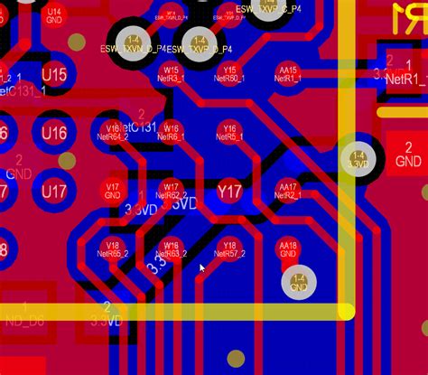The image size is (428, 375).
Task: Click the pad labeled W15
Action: [x=171, y=73]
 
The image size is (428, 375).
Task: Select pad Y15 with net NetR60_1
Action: [x=229, y=73]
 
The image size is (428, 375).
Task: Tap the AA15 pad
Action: [x=288, y=73]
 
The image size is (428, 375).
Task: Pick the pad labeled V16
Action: [x=112, y=132]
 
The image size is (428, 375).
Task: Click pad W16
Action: [x=171, y=132]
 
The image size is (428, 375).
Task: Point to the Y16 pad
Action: [x=229, y=132]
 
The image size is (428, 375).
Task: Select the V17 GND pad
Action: [x=112, y=190]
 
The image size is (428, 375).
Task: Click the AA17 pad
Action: [x=288, y=190]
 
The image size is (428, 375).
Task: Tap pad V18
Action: [x=112, y=249]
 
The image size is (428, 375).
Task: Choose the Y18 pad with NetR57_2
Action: [x=229, y=249]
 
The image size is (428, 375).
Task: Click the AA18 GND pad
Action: [x=288, y=249]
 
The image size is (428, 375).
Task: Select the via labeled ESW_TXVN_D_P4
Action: [x=134, y=43]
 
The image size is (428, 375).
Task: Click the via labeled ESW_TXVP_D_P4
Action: [x=200, y=43]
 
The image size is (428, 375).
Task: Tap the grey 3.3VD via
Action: [x=359, y=160]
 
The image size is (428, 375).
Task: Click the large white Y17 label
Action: [x=230, y=192]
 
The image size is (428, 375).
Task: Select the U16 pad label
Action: [x=54, y=134]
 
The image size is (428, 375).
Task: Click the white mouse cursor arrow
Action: [x=202, y=268]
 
